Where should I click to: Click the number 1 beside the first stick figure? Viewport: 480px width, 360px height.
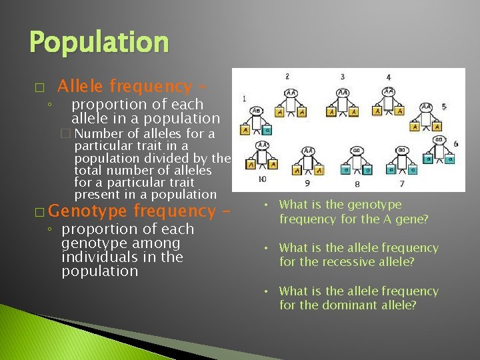pos(244,99)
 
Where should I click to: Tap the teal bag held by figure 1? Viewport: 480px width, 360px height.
pos(267,129)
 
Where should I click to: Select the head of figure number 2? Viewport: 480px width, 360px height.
pos(291,93)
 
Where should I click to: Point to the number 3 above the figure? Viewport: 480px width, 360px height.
pos(342,77)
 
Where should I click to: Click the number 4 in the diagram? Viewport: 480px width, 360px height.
pos(388,77)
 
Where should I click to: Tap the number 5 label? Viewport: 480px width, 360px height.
pos(443,106)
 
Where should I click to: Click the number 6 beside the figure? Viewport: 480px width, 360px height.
pos(455,144)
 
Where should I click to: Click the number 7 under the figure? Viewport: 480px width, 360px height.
pos(401,183)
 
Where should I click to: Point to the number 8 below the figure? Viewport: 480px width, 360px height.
pos(357,184)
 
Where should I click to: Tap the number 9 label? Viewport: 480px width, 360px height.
pos(307,183)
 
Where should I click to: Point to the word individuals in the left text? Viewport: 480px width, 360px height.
pos(100,257)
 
